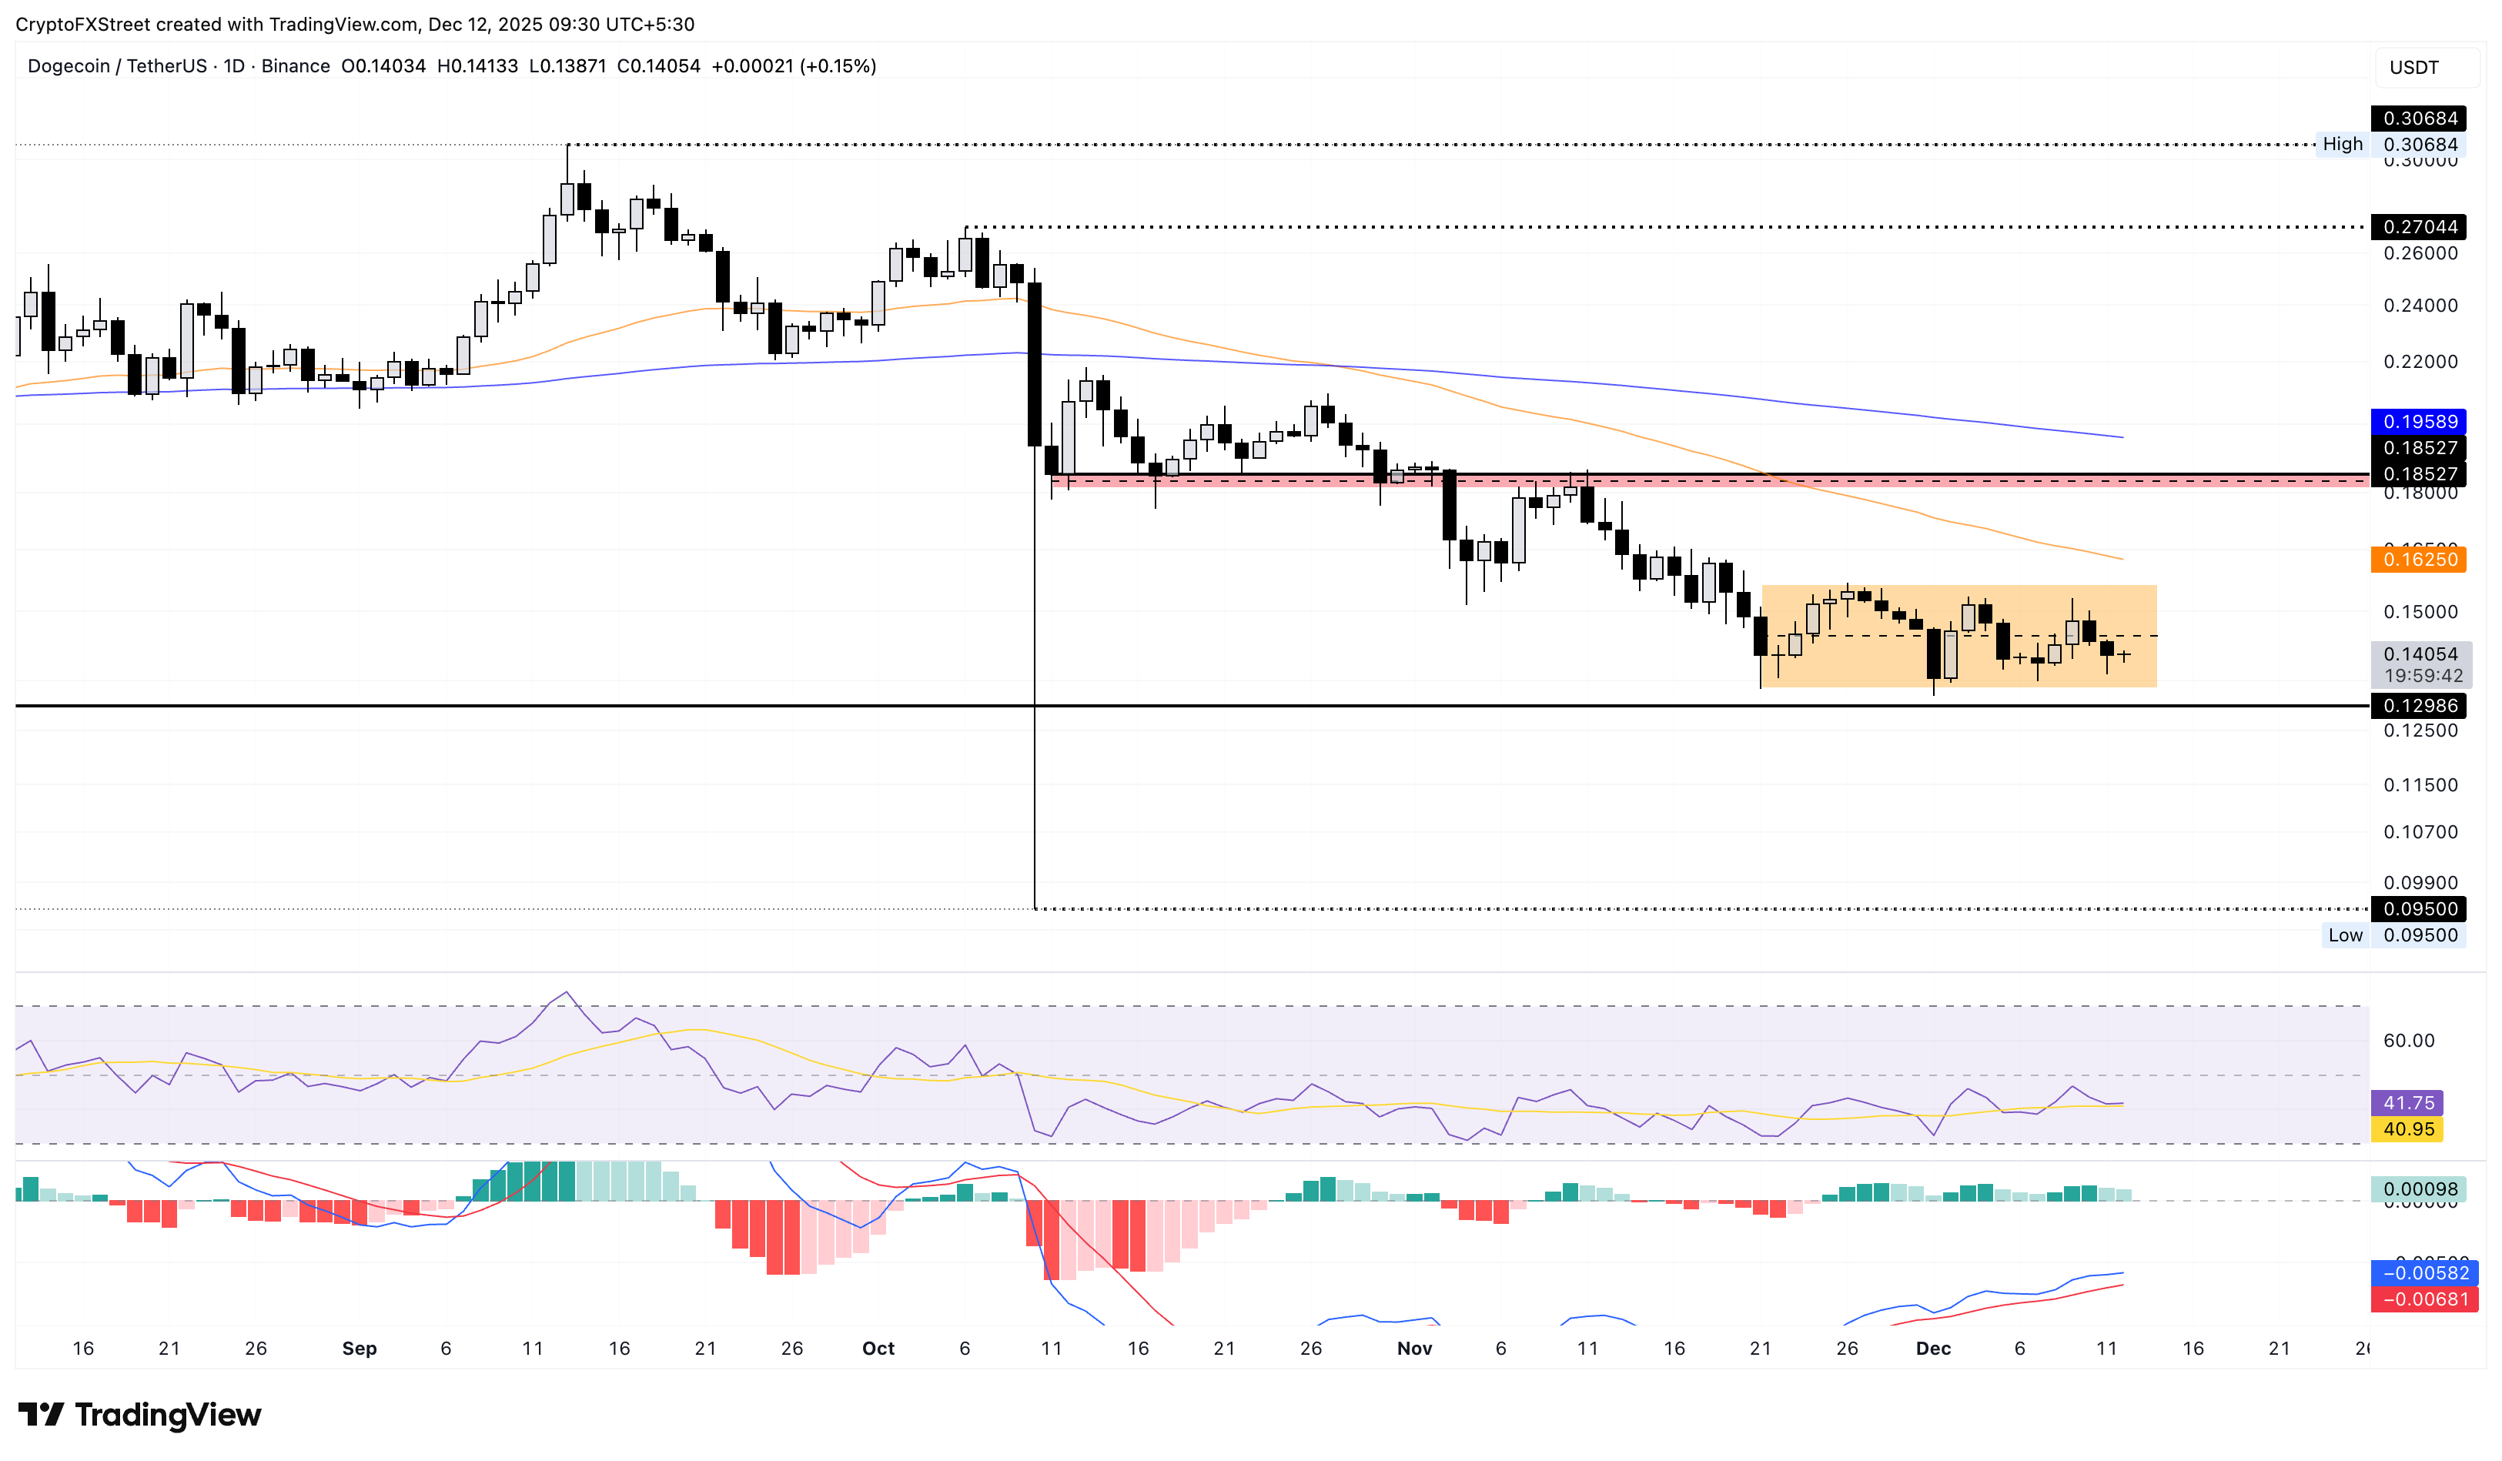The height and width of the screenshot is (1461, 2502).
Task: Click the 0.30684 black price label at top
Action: click(x=2420, y=118)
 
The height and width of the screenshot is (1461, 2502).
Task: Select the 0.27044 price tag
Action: click(x=2420, y=227)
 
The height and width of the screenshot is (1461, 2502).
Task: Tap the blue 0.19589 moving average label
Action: click(x=2420, y=422)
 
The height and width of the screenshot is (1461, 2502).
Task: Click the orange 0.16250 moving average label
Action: click(x=2420, y=560)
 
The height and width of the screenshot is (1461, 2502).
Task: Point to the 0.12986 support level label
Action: click(x=2420, y=706)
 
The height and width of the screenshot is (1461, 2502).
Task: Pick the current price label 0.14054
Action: click(x=2420, y=654)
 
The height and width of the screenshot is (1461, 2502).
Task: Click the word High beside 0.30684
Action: click(x=2342, y=145)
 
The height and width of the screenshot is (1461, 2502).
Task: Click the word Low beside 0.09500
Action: click(x=2345, y=935)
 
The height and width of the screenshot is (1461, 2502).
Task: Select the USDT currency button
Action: click(x=2413, y=68)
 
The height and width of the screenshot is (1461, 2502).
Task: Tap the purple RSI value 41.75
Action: click(x=2407, y=1103)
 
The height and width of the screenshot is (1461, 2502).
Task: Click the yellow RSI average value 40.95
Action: click(x=2407, y=1129)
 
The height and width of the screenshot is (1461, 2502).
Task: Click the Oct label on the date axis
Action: click(x=878, y=1348)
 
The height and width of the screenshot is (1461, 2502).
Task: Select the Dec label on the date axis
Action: click(x=1933, y=1348)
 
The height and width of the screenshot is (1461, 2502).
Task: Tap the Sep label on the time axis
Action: click(x=360, y=1348)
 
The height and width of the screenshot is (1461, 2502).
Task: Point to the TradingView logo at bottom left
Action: click(x=140, y=1414)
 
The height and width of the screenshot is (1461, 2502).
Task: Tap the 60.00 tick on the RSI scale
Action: click(x=2407, y=1040)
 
